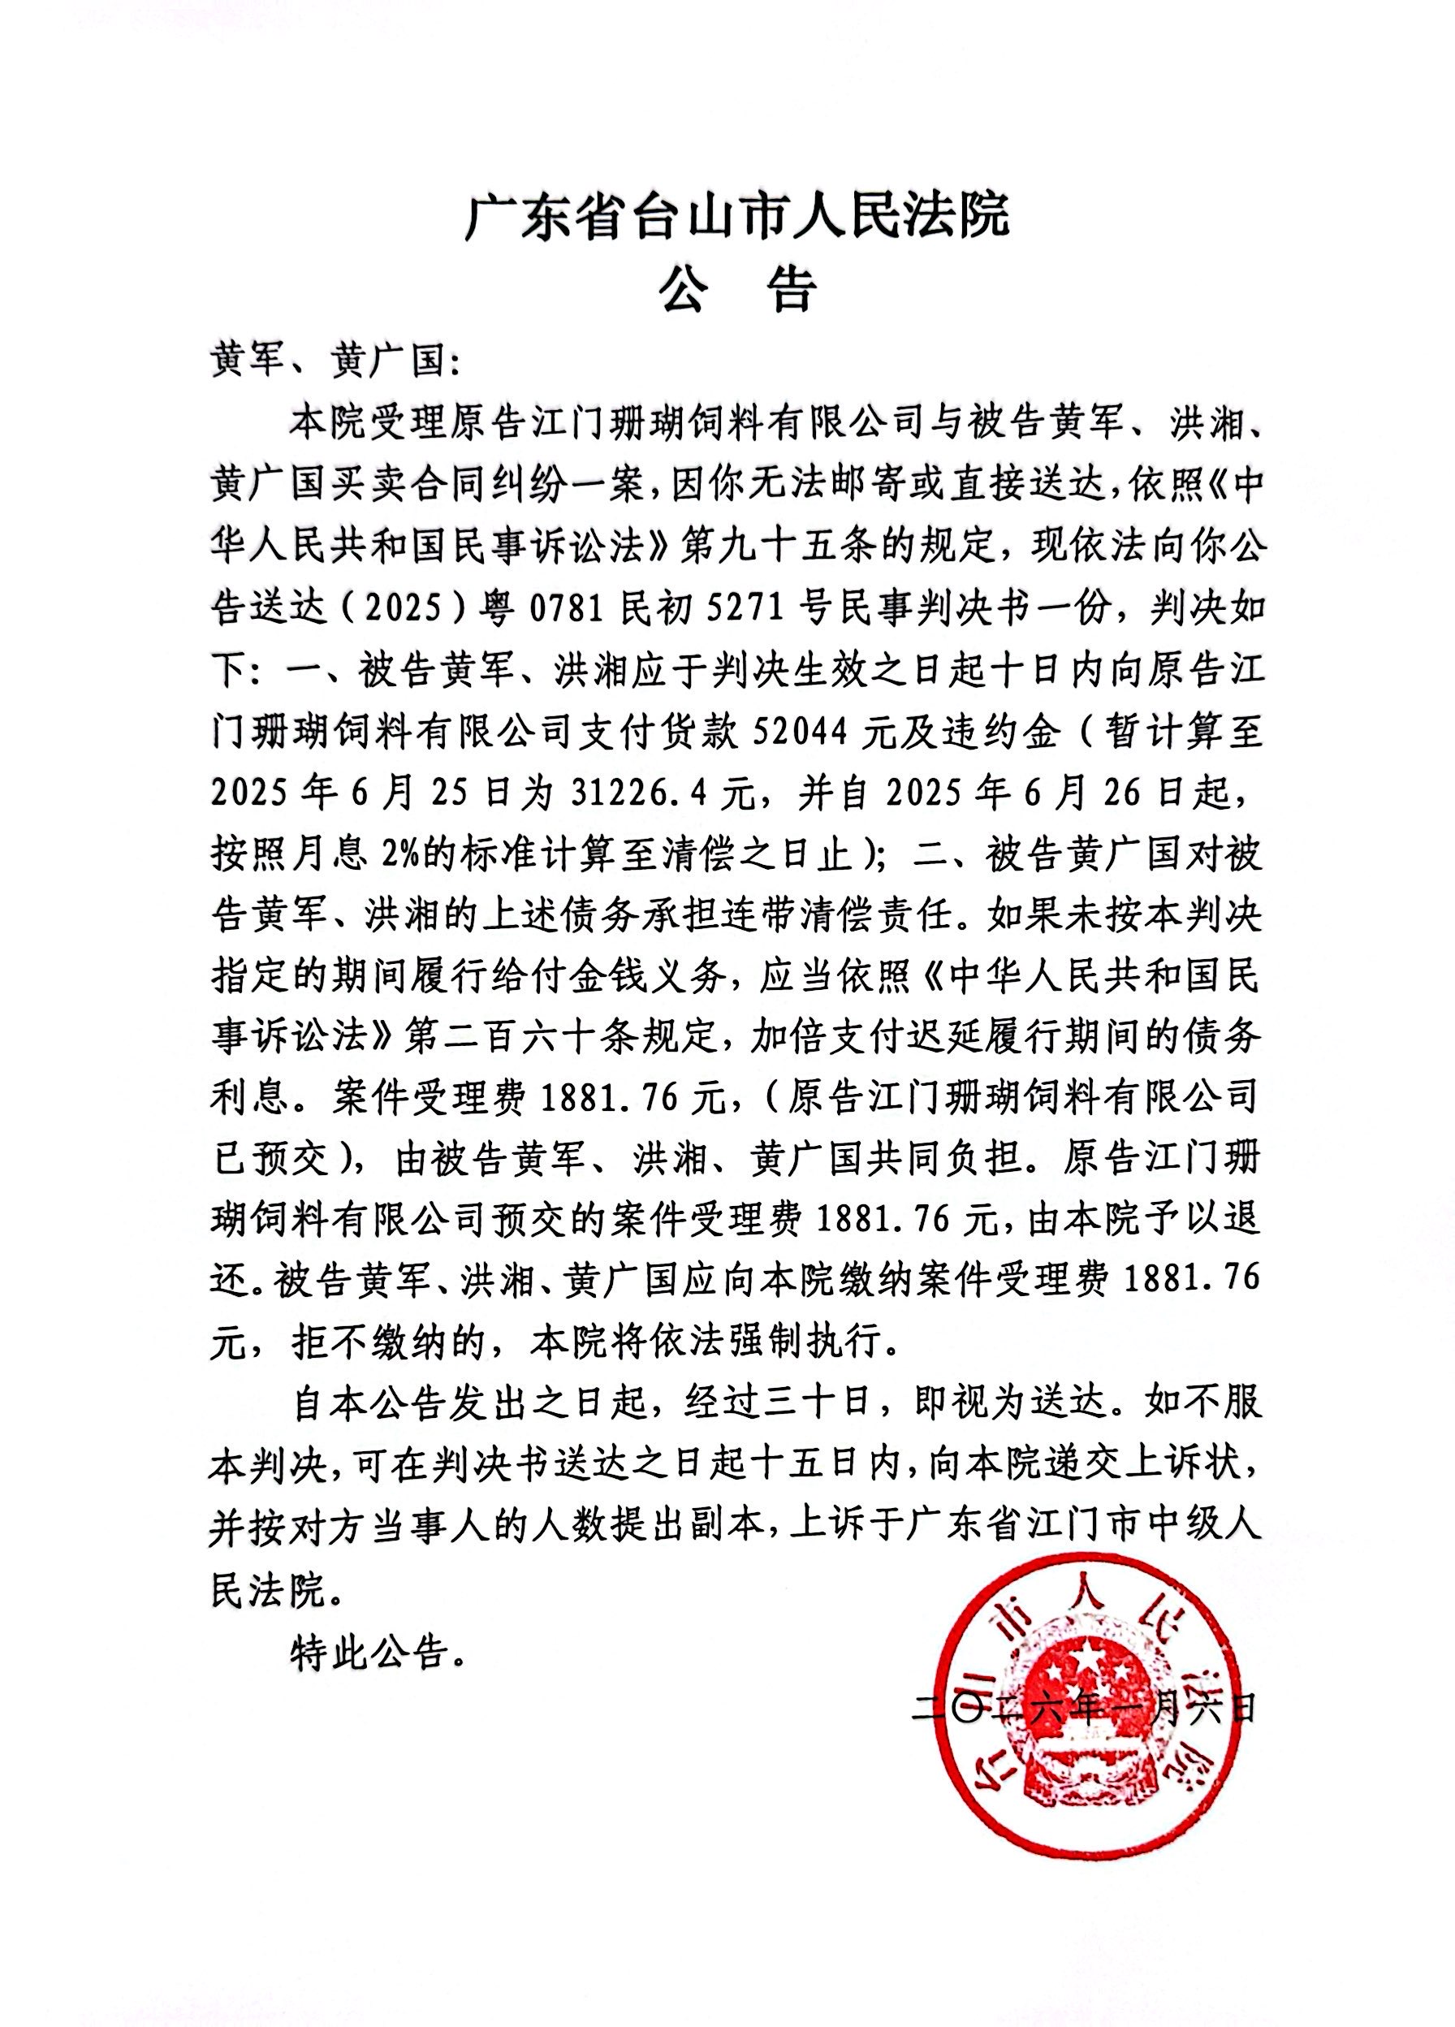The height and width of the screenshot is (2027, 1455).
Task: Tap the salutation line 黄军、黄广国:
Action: click(x=336, y=365)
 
